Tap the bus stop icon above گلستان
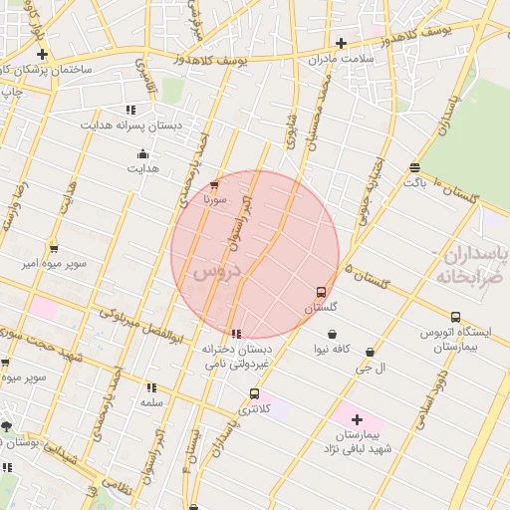pyautogui.click(x=320, y=293)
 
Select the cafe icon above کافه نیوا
pyautogui.click(x=331, y=334)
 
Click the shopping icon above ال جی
pyautogui.click(x=371, y=352)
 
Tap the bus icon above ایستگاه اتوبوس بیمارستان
pyautogui.click(x=455, y=317)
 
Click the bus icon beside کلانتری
pyautogui.click(x=254, y=393)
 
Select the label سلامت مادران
pyautogui.click(x=340, y=59)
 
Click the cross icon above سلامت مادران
pyautogui.click(x=341, y=43)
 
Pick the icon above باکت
pyautogui.click(x=414, y=167)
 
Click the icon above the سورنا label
pyautogui.click(x=215, y=184)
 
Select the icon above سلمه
pyautogui.click(x=151, y=386)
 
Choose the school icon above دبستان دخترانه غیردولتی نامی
pyautogui.click(x=236, y=334)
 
